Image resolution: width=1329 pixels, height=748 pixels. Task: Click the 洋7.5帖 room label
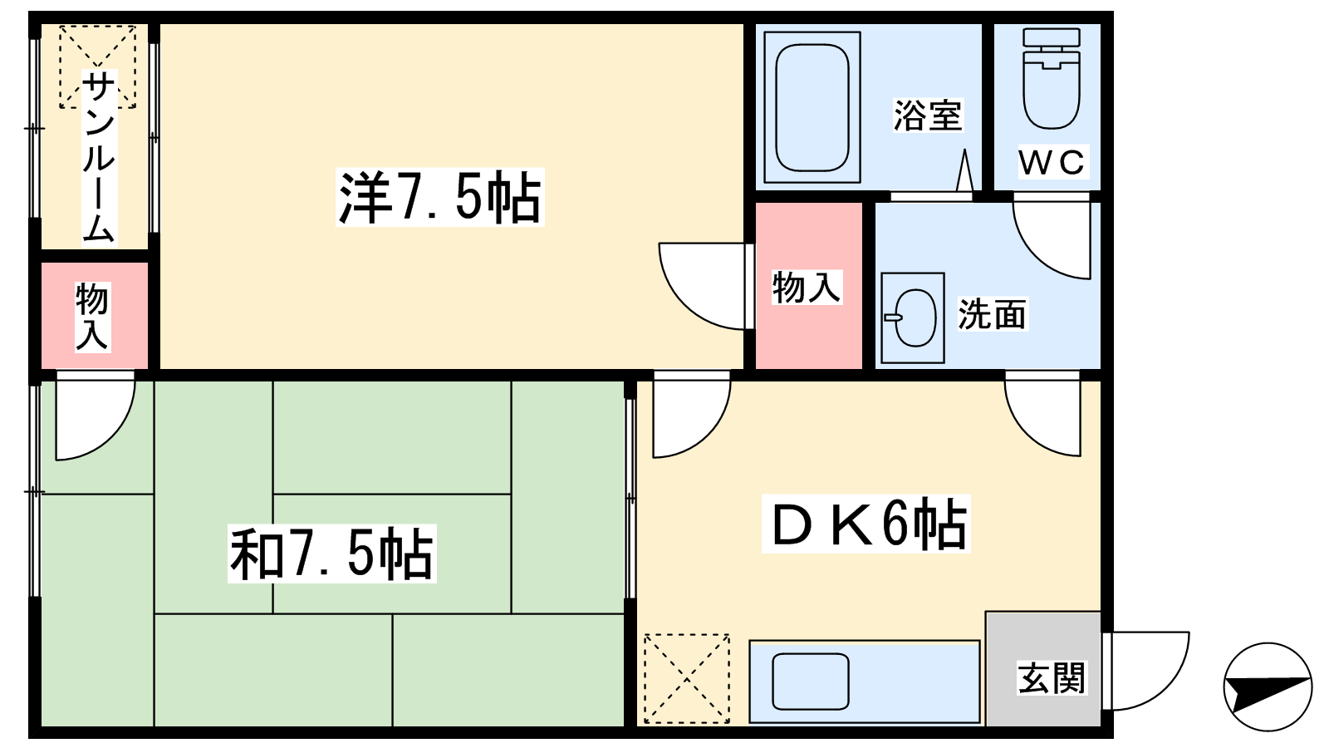[x=439, y=197]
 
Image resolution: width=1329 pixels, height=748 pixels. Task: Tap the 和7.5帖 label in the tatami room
[x=332, y=554]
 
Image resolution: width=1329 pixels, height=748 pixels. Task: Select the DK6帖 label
[x=866, y=524]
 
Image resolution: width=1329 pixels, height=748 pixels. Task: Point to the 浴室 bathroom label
[x=927, y=116]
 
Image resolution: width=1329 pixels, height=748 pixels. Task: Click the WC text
[x=1052, y=161]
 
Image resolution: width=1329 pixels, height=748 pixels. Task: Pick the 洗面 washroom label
[x=992, y=314]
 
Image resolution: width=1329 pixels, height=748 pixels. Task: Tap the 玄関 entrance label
[x=1052, y=678]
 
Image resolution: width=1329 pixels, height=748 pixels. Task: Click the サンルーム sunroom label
[x=98, y=158]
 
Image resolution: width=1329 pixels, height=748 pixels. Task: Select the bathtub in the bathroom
[x=812, y=107]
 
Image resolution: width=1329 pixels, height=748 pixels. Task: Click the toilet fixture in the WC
[x=1052, y=78]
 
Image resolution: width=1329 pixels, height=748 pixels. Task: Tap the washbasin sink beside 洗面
[x=913, y=317]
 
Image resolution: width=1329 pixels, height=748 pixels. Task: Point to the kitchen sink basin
[x=811, y=682]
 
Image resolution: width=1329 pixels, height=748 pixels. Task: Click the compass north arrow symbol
[x=1268, y=686]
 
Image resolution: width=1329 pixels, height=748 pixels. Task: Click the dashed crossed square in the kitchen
[x=686, y=678]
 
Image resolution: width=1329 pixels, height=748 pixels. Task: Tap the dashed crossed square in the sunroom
[x=97, y=66]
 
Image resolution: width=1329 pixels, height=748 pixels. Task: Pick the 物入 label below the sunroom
[x=92, y=317]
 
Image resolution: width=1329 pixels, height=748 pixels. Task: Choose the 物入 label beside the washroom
[x=807, y=288]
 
